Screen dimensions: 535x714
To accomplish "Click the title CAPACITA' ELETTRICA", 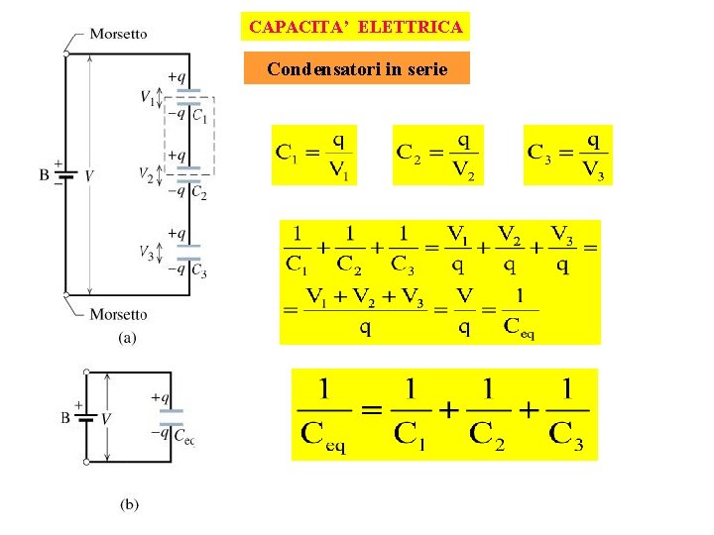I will [356, 27].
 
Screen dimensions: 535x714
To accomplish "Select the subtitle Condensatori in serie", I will [356, 69].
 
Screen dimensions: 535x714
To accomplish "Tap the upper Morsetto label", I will [118, 33].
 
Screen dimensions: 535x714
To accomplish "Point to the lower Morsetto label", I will [118, 314].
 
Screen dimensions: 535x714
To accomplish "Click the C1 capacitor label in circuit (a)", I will [199, 117].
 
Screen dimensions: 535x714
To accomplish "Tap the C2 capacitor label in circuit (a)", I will [199, 193].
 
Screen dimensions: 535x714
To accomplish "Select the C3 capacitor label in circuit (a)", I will [199, 270].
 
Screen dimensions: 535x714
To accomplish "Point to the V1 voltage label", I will [147, 97].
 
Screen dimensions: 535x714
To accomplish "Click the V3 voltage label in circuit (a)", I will [146, 251].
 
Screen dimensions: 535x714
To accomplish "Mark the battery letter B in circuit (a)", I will [45, 175].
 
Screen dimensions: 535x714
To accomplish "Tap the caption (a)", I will [129, 338].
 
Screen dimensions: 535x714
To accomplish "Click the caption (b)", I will [130, 504].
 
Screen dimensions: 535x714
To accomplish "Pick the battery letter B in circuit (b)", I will [66, 417].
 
